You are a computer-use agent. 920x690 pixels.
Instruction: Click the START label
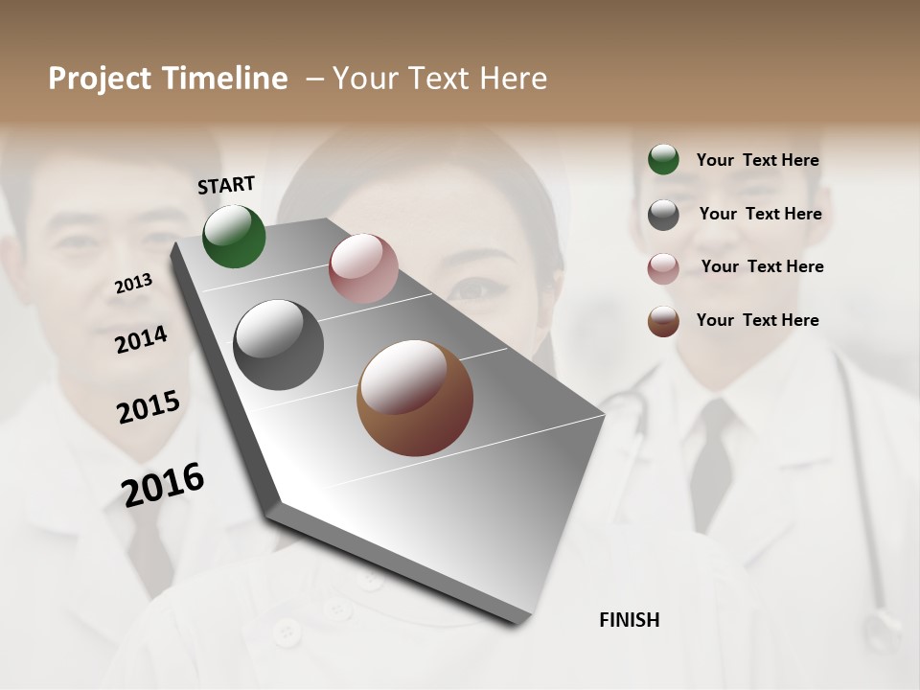pyautogui.click(x=226, y=185)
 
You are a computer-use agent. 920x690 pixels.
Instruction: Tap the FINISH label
pyautogui.click(x=629, y=620)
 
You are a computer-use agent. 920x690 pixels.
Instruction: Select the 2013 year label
pyautogui.click(x=133, y=284)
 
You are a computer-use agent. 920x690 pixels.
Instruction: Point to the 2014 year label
pyautogui.click(x=141, y=340)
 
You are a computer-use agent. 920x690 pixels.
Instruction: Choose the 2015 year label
pyautogui.click(x=148, y=407)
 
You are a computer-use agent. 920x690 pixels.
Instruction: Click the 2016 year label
pyautogui.click(x=163, y=485)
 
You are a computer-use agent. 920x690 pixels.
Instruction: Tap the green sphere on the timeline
pyautogui.click(x=234, y=236)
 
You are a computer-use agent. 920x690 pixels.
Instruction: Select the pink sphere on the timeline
pyautogui.click(x=363, y=268)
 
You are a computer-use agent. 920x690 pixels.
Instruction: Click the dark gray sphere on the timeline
pyautogui.click(x=279, y=345)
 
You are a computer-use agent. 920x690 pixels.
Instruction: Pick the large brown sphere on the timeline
pyautogui.click(x=415, y=398)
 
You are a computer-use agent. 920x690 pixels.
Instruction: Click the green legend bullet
pyautogui.click(x=663, y=159)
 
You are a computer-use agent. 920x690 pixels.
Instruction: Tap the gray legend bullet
pyautogui.click(x=663, y=215)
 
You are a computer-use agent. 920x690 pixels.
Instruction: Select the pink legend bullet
pyautogui.click(x=663, y=268)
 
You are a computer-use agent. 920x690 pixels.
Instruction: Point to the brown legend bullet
pyautogui.click(x=663, y=321)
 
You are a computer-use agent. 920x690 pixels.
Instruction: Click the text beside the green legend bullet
pyautogui.click(x=757, y=161)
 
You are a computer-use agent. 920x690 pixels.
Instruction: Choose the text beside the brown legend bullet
pyautogui.click(x=757, y=320)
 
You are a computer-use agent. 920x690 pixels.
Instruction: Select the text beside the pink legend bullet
pyautogui.click(x=762, y=266)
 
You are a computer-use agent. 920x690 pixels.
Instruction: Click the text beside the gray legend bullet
pyautogui.click(x=760, y=214)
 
